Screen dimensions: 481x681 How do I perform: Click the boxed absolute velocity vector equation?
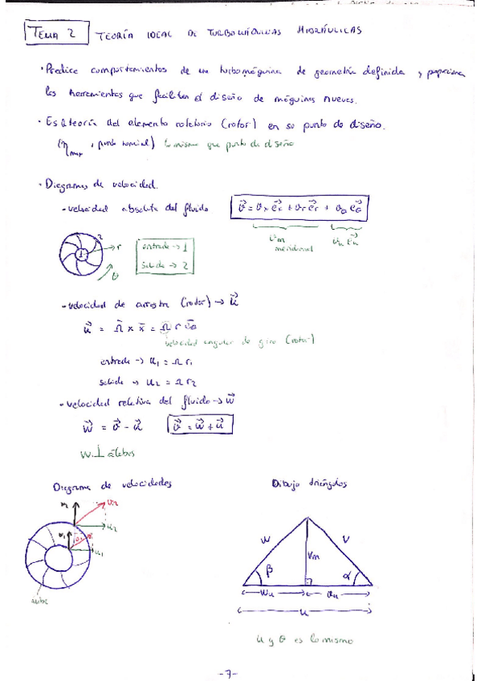point(297,210)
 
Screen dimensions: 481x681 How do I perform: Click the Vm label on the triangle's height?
point(315,553)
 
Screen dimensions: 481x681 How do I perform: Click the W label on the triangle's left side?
point(266,540)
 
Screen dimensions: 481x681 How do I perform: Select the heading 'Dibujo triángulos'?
point(308,483)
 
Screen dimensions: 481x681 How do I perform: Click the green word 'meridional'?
point(287,248)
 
